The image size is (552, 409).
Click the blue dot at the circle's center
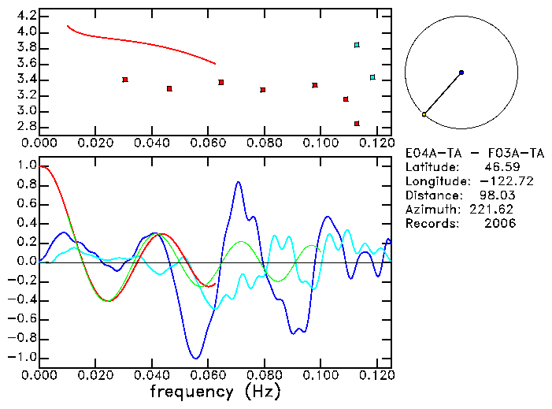click(461, 73)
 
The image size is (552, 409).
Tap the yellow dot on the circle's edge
click(424, 114)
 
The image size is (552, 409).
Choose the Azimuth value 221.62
click(494, 210)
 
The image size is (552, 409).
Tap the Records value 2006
click(500, 224)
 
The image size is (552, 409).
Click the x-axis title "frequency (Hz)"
click(216, 392)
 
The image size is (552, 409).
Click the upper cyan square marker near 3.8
click(357, 45)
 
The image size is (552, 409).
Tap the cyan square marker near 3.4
click(372, 77)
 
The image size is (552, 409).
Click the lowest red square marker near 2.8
click(357, 124)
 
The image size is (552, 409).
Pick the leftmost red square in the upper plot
click(124, 80)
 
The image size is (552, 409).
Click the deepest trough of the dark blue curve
click(197, 358)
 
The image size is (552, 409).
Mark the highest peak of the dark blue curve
click(239, 182)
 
